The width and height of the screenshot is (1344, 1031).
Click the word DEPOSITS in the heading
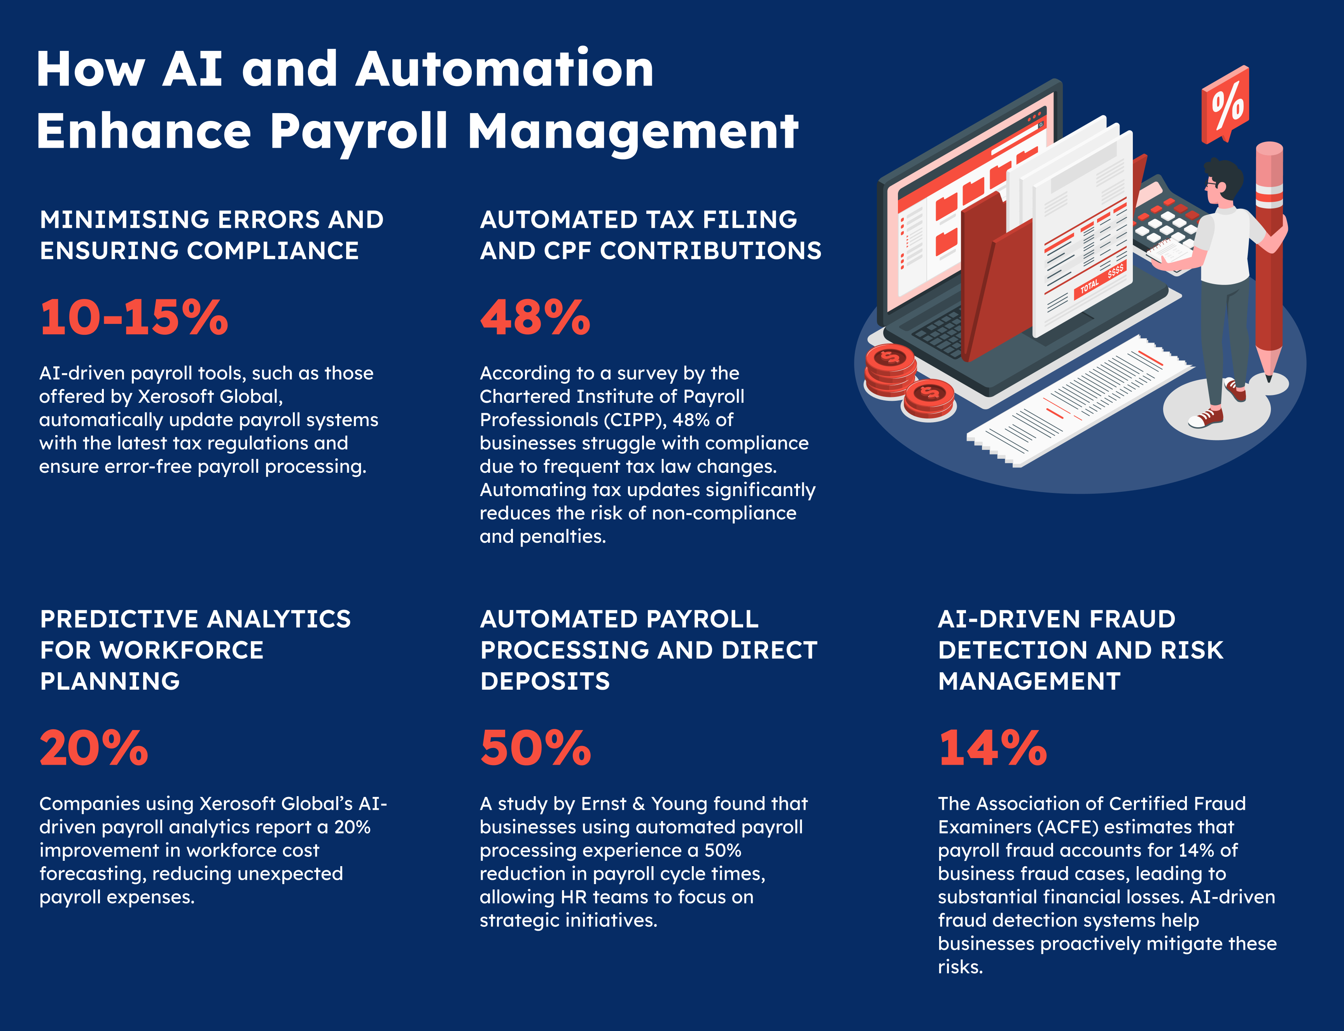pos(545,681)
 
